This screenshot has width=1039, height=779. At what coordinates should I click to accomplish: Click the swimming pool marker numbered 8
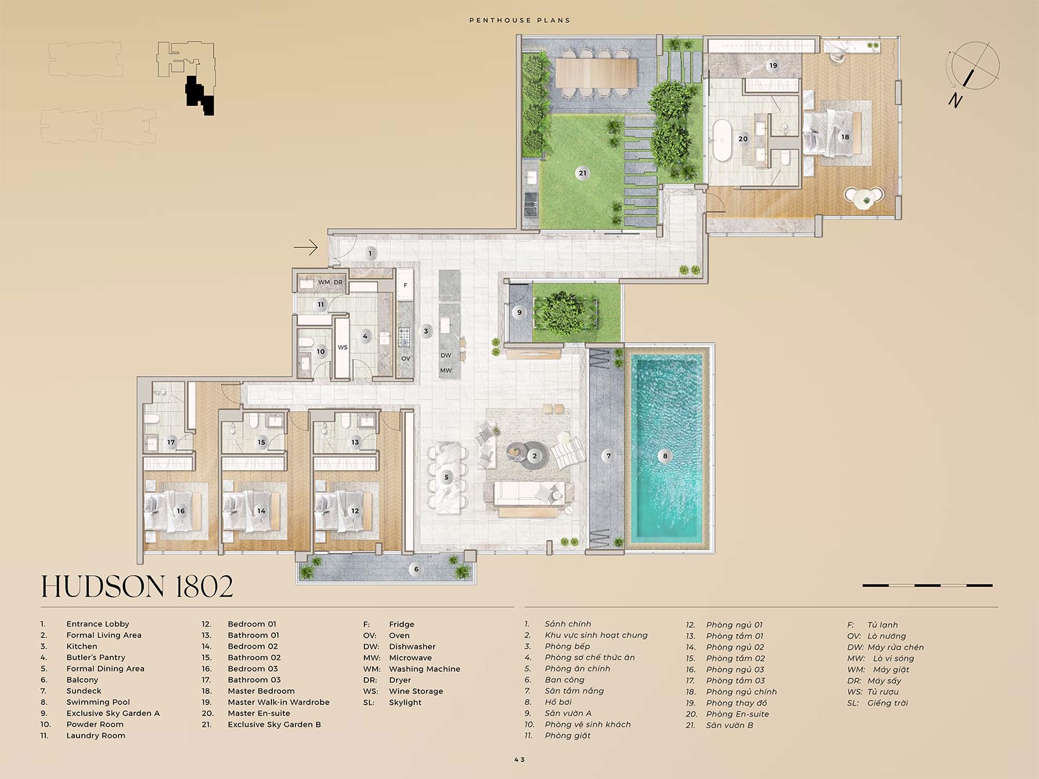(665, 456)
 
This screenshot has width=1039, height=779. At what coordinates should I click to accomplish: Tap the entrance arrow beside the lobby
(305, 247)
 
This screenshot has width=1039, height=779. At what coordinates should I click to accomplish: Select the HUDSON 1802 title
(137, 587)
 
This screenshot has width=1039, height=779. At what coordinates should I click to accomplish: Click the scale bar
(927, 586)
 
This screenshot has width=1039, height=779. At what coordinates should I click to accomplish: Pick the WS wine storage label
(342, 347)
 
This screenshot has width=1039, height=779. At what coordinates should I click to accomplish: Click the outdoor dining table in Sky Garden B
(596, 72)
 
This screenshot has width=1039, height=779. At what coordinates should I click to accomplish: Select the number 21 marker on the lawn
(582, 173)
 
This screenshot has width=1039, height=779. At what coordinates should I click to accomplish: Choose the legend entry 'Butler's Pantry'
(95, 658)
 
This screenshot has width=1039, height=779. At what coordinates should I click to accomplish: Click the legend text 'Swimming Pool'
(98, 702)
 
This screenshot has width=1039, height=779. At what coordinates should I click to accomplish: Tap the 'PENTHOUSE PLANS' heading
(519, 20)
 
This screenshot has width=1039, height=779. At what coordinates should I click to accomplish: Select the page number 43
(519, 760)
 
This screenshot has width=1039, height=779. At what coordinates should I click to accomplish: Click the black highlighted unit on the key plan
(199, 95)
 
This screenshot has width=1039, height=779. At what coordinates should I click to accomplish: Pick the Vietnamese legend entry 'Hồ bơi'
(558, 702)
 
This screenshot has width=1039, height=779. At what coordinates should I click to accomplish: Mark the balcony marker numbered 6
(416, 569)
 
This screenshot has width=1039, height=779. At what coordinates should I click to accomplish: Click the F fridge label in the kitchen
(405, 285)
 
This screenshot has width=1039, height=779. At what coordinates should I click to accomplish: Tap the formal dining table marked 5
(445, 478)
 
